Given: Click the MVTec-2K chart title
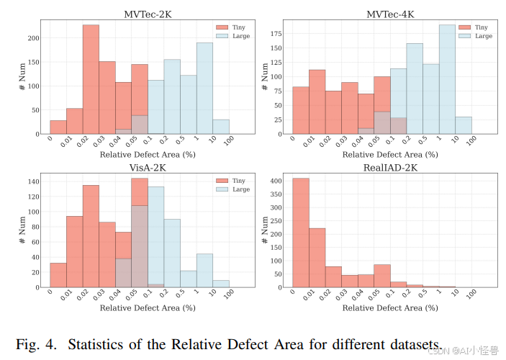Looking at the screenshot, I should [x=148, y=14].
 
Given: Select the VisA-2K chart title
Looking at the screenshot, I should [x=148, y=167].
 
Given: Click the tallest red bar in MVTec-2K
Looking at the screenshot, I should [x=91, y=79].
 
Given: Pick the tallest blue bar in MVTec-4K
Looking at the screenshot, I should [x=447, y=79].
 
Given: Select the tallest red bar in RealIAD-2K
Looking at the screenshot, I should [x=300, y=233].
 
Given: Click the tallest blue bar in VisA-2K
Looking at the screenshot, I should [x=155, y=237].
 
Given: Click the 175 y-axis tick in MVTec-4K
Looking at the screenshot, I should [x=277, y=34].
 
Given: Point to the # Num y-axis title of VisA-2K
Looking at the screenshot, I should [x=22, y=230].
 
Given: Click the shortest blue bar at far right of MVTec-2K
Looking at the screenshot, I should [x=221, y=127].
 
